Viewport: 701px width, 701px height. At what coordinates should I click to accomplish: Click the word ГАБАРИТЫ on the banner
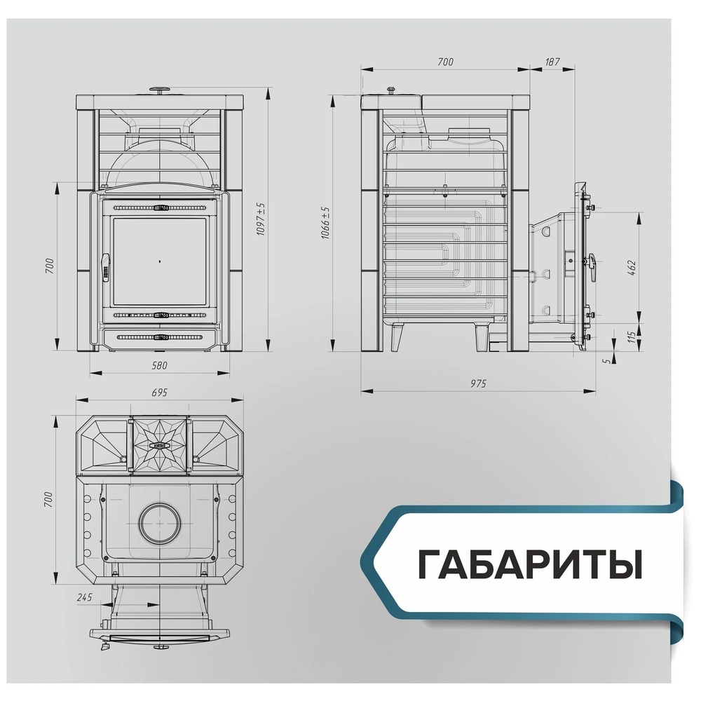pos(530,565)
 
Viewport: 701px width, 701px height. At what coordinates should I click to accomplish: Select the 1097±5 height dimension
pos(260,218)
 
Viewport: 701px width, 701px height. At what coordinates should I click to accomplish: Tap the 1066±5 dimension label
pos(325,223)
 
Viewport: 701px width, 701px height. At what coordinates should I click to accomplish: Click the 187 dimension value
pos(552,62)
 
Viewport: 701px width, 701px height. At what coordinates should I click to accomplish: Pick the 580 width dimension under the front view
pos(159,365)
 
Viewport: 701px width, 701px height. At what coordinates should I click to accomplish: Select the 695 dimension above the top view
pos(159,393)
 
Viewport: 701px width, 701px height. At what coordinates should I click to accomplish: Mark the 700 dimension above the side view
pos(445,62)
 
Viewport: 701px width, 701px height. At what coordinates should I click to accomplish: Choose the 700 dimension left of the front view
pos(49,267)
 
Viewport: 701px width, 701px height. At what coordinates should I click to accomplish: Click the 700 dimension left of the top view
pos(49,498)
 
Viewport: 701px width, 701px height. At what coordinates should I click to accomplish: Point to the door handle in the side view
pos(593,267)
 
